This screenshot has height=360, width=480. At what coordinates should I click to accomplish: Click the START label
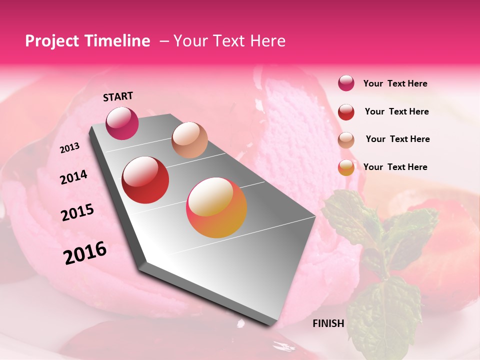[x=118, y=96]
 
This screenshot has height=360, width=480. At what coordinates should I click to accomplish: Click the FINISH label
[x=328, y=323]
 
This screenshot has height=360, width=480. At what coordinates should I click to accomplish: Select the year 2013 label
[x=69, y=148]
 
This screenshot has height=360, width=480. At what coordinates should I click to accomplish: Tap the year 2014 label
[x=73, y=177]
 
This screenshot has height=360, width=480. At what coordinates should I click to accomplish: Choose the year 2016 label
[x=85, y=253]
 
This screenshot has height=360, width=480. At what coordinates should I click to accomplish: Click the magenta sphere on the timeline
[x=122, y=123]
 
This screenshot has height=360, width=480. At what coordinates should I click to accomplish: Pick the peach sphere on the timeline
[x=189, y=139]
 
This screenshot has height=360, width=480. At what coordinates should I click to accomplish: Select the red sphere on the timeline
[x=145, y=179]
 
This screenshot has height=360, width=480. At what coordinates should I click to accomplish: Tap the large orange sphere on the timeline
[x=216, y=207]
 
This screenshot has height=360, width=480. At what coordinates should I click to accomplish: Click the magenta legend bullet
[x=346, y=83]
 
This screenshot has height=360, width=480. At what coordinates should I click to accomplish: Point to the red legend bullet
[x=346, y=112]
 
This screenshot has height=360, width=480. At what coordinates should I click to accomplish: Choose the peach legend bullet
[x=346, y=139]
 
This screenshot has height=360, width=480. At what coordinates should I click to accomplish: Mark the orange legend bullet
[x=346, y=167]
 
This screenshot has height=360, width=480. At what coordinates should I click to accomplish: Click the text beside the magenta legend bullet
[x=395, y=83]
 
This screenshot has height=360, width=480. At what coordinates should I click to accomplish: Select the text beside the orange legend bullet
[x=395, y=167]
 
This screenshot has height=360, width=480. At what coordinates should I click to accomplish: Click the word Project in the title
[x=51, y=41]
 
